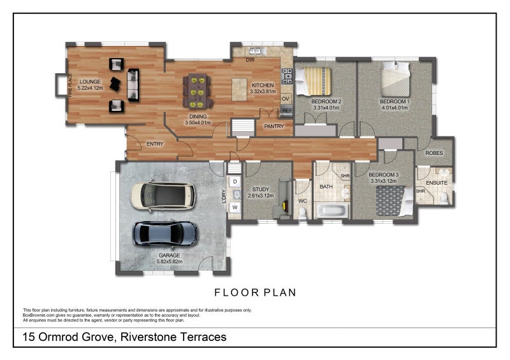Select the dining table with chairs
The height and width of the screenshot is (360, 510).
tap(196, 91)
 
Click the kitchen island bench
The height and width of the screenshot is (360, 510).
tap(240, 85)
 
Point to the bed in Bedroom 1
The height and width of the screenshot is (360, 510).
tap(395, 80)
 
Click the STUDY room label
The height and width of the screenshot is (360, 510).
tap(261, 189)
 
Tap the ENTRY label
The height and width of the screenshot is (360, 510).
tap(155, 144)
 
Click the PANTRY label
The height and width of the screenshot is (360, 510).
tap(274, 126)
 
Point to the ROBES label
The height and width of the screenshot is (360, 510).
tap(434, 153)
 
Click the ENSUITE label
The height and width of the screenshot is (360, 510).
tap(437, 183)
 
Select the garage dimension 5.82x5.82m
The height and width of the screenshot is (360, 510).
tap(170, 261)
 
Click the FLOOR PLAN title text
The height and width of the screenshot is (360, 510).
tap(255, 292)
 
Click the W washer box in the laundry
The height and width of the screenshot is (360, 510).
tap(235, 207)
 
